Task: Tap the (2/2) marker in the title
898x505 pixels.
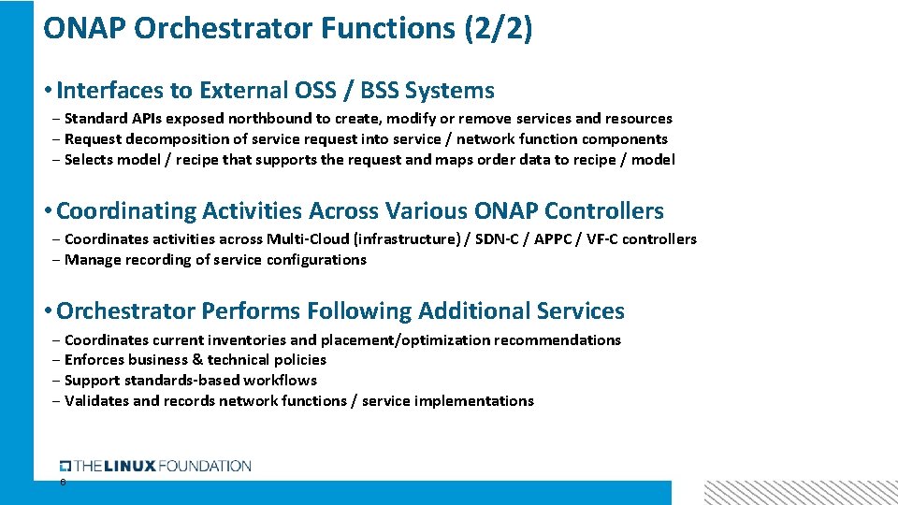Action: (498, 28)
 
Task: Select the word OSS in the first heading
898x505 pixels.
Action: (318, 91)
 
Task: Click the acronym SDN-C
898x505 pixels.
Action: (499, 239)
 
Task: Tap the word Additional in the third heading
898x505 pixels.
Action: (475, 311)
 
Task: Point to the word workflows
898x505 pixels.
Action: (280, 381)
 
